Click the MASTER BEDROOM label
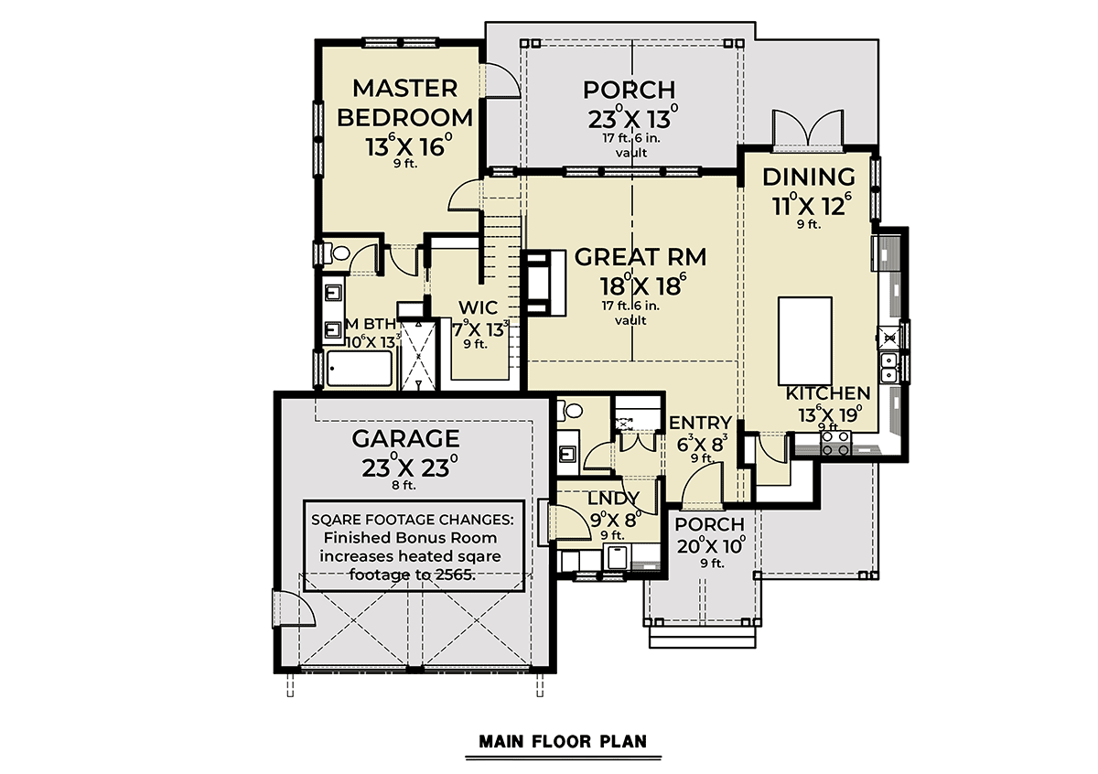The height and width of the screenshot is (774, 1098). [404, 103]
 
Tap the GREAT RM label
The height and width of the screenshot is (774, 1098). [640, 257]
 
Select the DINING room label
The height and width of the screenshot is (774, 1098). [809, 177]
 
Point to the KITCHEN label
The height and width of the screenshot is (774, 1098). [828, 392]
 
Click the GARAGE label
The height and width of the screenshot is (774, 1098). [405, 438]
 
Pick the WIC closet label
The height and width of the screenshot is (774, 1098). [478, 307]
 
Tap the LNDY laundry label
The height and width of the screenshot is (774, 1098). [613, 498]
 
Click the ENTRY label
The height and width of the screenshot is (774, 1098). [700, 423]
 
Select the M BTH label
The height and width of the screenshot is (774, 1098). [371, 324]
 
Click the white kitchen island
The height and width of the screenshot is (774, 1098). [805, 340]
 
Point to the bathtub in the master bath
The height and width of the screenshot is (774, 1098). [360, 369]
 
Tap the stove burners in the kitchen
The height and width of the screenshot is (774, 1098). [836, 443]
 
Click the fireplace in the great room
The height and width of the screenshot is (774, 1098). [545, 283]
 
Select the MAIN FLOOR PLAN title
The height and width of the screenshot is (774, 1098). [564, 742]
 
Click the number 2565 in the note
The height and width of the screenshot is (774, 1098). [455, 575]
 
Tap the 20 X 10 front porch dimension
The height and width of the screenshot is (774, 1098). [711, 545]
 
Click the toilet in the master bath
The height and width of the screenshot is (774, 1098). [338, 253]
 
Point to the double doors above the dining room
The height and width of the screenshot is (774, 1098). [808, 128]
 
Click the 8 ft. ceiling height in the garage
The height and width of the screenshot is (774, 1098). [404, 485]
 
